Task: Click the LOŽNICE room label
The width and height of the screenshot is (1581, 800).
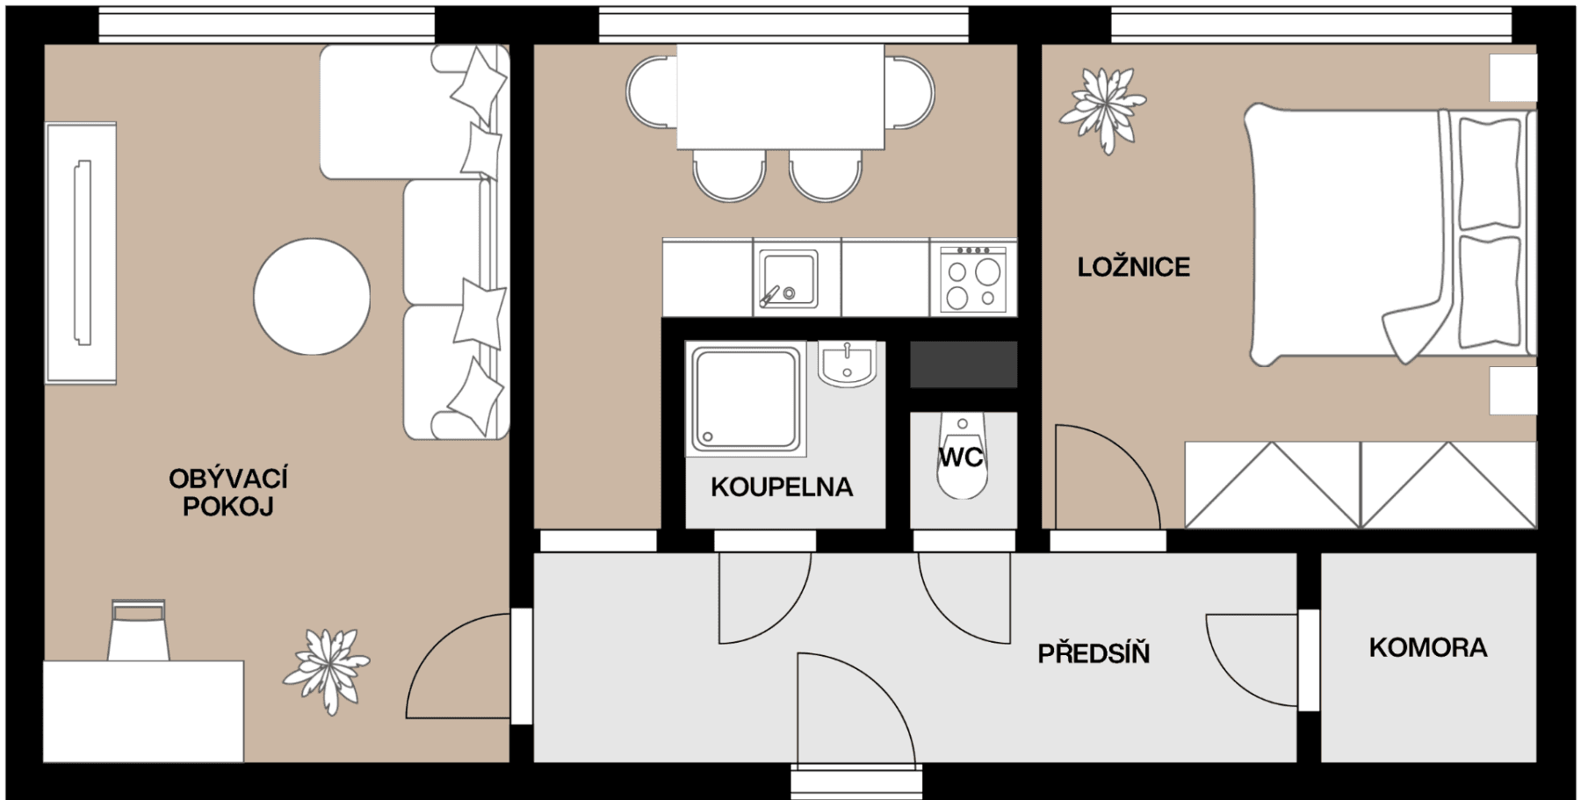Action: [1133, 267]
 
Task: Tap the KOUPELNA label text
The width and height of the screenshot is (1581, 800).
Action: [781, 487]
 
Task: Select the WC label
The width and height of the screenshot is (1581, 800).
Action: [960, 458]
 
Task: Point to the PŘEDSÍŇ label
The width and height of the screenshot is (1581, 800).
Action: [1094, 653]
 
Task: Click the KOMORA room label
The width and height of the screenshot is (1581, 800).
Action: [1427, 648]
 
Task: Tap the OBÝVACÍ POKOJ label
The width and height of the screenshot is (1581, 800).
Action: [228, 493]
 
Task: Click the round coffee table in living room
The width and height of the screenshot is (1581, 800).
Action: [312, 297]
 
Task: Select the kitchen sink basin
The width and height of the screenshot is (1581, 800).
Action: [788, 278]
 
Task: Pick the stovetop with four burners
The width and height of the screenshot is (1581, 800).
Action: [973, 278]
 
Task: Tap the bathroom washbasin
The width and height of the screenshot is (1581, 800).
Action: [847, 363]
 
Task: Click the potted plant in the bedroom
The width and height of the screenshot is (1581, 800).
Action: [1102, 109]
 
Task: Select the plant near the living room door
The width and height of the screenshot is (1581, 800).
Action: [327, 669]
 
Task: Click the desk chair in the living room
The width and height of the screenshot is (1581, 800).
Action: [138, 630]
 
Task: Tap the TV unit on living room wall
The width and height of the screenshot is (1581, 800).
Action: [81, 253]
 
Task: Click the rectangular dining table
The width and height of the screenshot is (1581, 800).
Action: [780, 97]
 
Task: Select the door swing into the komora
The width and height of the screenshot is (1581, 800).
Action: [1247, 659]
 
